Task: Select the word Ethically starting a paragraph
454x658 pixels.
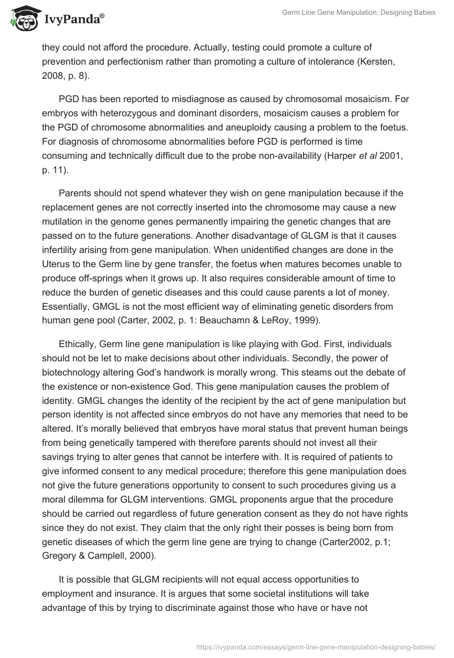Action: (79, 344)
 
